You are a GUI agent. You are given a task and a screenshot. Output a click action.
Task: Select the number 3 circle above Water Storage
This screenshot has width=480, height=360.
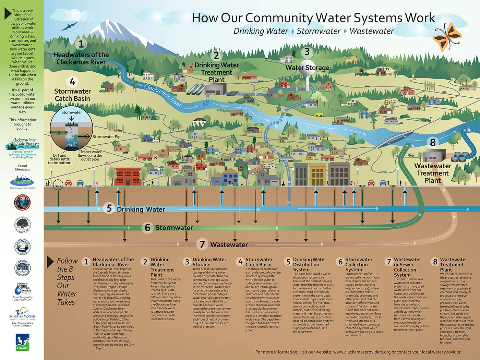[307, 52]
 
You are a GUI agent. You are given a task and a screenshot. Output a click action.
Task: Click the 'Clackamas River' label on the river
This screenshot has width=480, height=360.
[163, 95]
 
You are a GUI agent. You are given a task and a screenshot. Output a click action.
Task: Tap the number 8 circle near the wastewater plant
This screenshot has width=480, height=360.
[433, 142]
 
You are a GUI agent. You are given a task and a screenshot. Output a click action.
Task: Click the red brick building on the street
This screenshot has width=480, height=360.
[127, 176]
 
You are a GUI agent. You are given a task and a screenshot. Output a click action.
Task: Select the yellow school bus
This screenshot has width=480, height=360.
[319, 115]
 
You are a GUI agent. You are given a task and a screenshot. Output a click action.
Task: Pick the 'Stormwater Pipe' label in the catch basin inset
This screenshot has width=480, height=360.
[107, 136]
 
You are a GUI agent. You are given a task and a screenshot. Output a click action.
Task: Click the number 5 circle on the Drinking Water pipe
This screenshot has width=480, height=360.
[109, 208]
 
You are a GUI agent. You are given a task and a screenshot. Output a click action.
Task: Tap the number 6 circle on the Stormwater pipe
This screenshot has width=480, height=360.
[147, 227]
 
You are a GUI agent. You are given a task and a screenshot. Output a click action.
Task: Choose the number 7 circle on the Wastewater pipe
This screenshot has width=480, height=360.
[202, 244]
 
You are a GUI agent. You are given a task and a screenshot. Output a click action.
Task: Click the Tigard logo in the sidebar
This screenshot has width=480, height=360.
[22, 342]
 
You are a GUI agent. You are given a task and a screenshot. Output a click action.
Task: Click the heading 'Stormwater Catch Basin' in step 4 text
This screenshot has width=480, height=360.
[259, 262]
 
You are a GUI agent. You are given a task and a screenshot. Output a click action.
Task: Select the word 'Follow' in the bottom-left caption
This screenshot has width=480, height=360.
[67, 261]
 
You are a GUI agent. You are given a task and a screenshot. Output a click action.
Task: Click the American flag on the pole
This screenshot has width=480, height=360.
[109, 164]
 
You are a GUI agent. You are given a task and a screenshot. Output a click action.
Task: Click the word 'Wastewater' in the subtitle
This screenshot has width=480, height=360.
[372, 31]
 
